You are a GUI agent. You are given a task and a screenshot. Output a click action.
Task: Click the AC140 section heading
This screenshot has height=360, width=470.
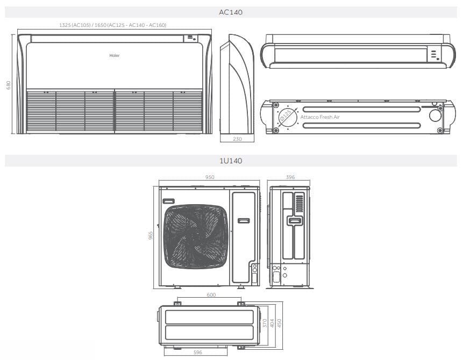pos(231,12)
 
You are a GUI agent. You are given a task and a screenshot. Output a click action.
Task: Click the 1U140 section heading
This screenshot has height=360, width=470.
pos(231,161)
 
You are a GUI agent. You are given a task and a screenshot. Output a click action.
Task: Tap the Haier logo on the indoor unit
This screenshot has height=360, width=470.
pos(115,55)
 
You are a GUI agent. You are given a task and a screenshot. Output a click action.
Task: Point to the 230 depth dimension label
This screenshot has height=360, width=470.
pos(237,139)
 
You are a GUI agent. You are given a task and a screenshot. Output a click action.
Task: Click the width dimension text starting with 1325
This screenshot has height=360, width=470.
pos(112,25)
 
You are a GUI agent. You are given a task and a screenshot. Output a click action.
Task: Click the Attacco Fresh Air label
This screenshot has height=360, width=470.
pos(320,117)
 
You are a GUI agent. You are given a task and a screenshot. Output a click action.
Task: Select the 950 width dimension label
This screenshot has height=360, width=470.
pos(210,177)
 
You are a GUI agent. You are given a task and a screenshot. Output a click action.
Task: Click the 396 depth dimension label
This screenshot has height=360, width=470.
pos(290,177)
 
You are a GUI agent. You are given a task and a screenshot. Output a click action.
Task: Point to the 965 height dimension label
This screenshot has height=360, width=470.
pos(152,236)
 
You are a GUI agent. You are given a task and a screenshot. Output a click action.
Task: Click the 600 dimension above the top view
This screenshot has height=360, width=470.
pos(211,295)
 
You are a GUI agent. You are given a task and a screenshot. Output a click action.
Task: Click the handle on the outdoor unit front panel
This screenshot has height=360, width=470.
pos(244,221)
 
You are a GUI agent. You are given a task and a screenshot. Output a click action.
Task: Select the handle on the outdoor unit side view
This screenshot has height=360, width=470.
pos(294,220)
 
